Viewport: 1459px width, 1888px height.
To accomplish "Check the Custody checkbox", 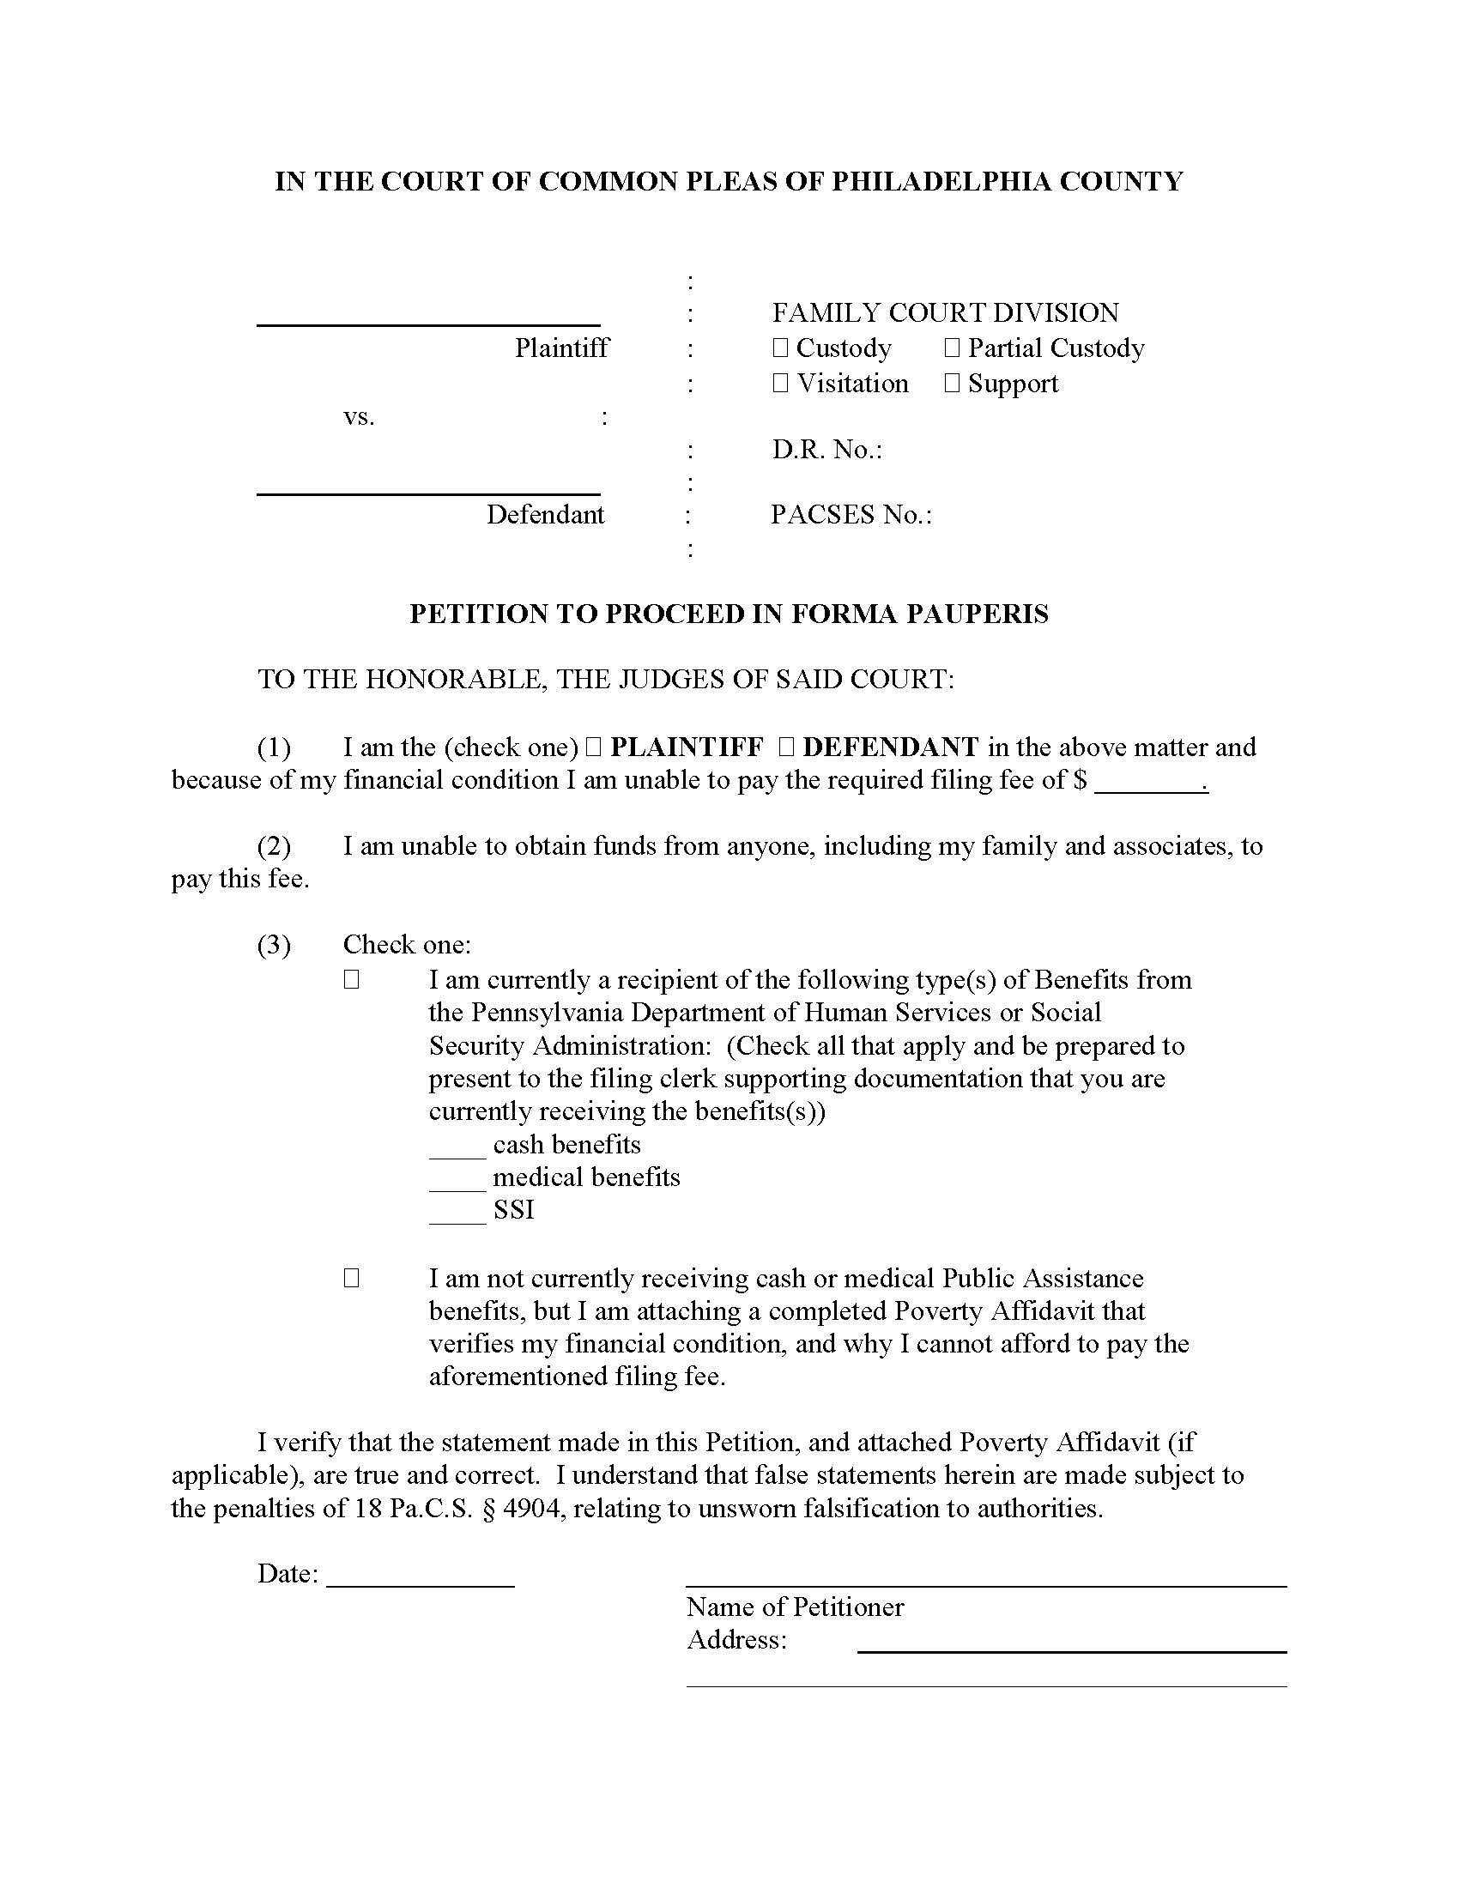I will click(780, 348).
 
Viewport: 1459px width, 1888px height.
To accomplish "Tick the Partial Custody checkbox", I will click(952, 348).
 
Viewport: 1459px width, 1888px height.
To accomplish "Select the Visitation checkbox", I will click(780, 384).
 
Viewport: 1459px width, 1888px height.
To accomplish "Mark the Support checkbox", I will click(952, 384).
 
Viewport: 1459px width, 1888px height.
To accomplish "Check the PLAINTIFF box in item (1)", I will click(593, 747).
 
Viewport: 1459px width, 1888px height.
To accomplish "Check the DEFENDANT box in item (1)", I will click(785, 747).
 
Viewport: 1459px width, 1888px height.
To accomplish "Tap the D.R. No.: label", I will click(826, 450).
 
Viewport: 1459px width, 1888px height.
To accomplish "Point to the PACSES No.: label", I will click(851, 515).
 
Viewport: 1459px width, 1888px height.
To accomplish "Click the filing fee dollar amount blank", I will click(1149, 784).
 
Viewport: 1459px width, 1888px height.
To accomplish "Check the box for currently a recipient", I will click(351, 979).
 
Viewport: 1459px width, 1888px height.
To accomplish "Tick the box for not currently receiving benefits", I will click(351, 1278).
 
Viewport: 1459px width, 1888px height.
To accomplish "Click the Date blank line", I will click(420, 1576).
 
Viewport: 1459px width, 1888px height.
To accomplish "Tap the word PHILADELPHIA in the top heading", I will click(941, 182).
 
